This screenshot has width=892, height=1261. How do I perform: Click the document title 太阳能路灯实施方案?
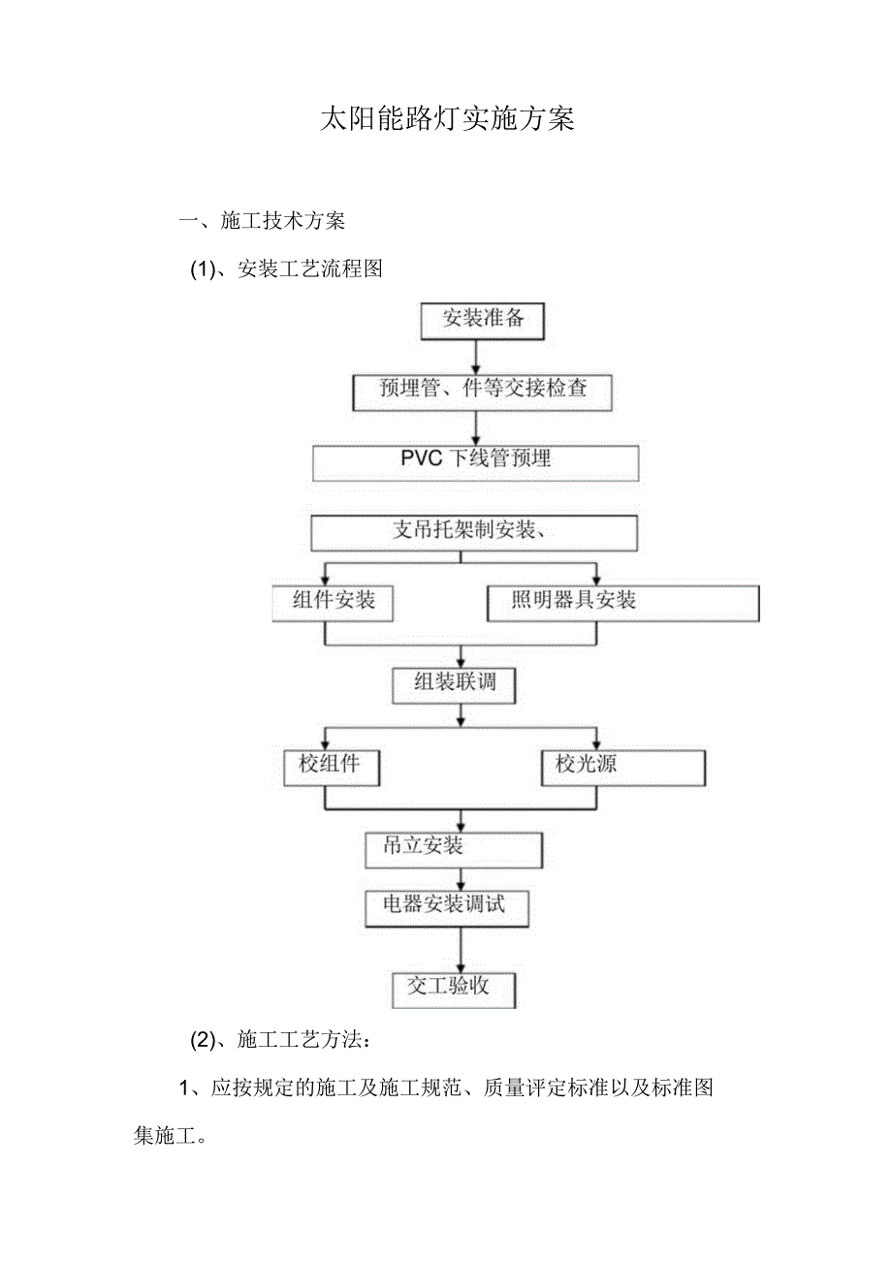click(447, 119)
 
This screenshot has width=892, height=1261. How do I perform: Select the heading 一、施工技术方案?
click(262, 221)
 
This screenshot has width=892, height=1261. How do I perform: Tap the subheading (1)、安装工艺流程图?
click(286, 269)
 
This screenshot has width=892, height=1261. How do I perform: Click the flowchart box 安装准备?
click(483, 319)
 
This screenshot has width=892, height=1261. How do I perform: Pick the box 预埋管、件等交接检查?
click(482, 390)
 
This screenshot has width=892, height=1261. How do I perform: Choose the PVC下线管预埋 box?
click(475, 461)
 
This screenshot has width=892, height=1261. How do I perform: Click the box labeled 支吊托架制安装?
click(474, 531)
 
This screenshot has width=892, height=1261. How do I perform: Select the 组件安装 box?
click(334, 602)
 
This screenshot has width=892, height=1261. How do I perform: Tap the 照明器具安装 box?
click(621, 602)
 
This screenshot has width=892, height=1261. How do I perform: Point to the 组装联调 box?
click(455, 683)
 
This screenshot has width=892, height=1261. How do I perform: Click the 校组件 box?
click(331, 766)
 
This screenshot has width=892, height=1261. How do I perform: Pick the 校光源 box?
click(622, 766)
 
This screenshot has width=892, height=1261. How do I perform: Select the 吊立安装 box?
click(453, 848)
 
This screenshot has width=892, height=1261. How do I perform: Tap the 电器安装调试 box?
click(448, 907)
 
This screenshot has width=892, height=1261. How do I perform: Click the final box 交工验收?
click(453, 988)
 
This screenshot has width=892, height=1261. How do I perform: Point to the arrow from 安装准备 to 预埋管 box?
click(475, 358)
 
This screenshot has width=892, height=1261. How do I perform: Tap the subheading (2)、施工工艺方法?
click(278, 1041)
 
